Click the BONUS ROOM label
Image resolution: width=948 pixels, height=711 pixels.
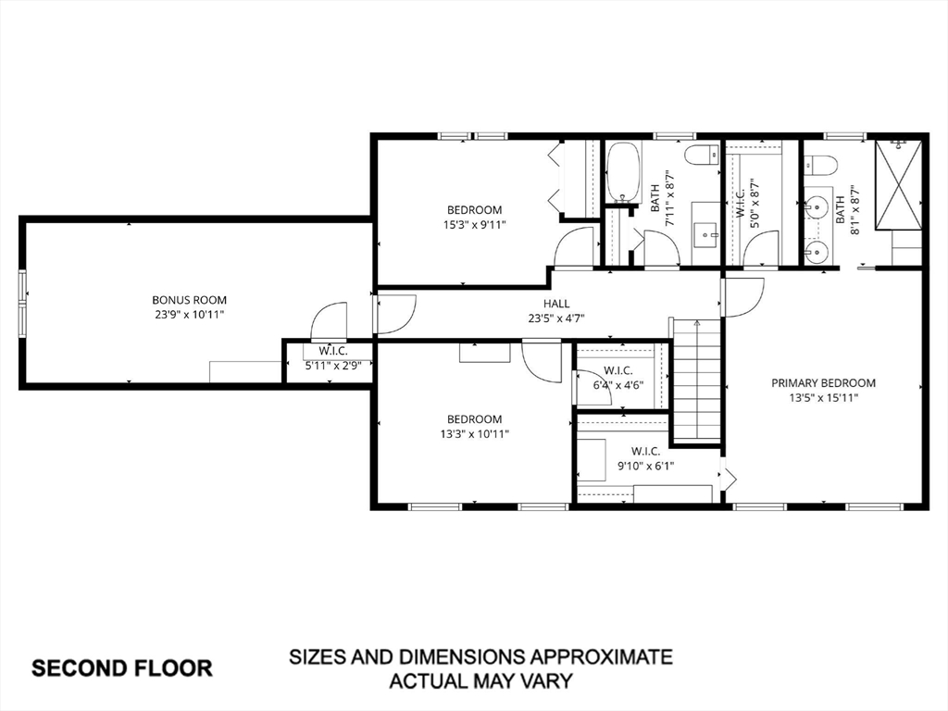pyautogui.click(x=189, y=300)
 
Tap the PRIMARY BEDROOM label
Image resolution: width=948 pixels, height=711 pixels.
pyautogui.click(x=823, y=382)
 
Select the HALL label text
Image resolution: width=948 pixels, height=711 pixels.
pyautogui.click(x=556, y=304)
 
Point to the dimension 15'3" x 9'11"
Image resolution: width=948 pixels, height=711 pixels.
pyautogui.click(x=475, y=225)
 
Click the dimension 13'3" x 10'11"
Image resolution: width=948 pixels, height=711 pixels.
pyautogui.click(x=475, y=434)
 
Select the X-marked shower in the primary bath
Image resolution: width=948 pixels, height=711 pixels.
pyautogui.click(x=899, y=185)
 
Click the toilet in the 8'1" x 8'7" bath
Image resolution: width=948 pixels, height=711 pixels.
pyautogui.click(x=820, y=164)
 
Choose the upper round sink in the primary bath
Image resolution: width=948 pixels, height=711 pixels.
pyautogui.click(x=817, y=207)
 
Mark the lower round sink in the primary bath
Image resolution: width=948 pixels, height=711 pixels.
pyautogui.click(x=817, y=250)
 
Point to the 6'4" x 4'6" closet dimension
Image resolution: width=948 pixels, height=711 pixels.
pyautogui.click(x=617, y=385)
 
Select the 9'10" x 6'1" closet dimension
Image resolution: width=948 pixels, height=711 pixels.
pyautogui.click(x=645, y=467)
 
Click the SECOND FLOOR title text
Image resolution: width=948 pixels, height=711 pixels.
pyautogui.click(x=122, y=668)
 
